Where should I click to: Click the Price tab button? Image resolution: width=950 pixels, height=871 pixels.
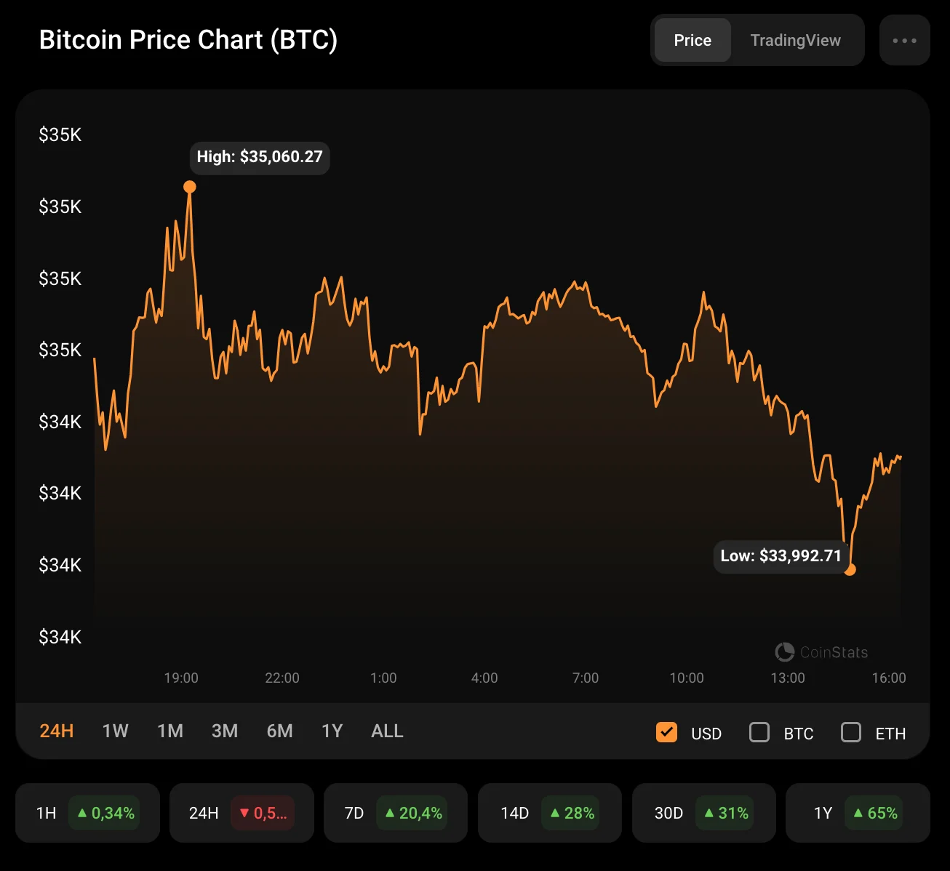point(692,41)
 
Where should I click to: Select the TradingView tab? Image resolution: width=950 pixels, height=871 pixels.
point(795,41)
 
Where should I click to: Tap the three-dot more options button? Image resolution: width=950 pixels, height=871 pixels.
point(904,41)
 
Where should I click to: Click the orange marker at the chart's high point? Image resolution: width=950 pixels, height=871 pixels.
point(190,188)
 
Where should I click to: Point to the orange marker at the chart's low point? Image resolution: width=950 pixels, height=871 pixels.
point(850,569)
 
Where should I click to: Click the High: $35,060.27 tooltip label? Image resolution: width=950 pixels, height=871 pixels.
point(260,157)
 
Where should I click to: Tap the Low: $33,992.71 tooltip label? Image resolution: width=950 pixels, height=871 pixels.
point(781,556)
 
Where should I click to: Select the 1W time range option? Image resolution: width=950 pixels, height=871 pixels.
point(115,731)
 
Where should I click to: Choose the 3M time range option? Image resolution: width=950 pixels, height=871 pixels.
point(225,731)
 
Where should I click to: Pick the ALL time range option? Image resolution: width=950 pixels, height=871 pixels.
point(387,731)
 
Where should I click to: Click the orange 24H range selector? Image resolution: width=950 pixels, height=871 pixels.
point(57,731)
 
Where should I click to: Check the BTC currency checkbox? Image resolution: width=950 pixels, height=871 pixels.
point(759,732)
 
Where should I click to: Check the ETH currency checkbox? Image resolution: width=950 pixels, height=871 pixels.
point(851,732)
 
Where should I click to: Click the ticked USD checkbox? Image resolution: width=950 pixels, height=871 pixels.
point(666,732)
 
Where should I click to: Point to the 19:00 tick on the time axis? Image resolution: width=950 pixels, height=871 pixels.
point(181,678)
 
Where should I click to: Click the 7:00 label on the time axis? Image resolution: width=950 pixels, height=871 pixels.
point(586,678)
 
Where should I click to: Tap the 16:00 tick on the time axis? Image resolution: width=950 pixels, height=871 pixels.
point(889,678)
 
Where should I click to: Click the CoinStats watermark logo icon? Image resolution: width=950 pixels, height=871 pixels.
point(784,652)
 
